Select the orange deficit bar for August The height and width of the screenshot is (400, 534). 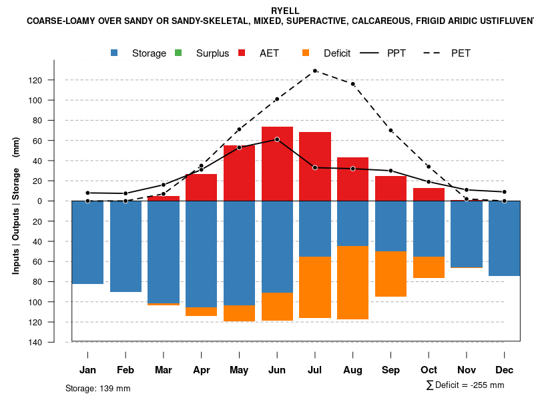pyautogui.click(x=352, y=283)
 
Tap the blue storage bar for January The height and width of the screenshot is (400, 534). pyautogui.click(x=87, y=242)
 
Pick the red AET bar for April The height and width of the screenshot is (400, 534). pyautogui.click(x=201, y=187)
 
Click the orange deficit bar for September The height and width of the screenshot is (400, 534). pyautogui.click(x=390, y=274)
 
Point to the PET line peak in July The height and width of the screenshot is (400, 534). pyautogui.click(x=314, y=71)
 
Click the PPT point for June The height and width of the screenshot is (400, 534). pyautogui.click(x=277, y=139)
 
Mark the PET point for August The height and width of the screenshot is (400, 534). pyautogui.click(x=352, y=84)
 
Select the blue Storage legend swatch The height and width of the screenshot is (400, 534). pyautogui.click(x=115, y=53)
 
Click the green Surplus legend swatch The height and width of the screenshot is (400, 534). pyautogui.click(x=178, y=53)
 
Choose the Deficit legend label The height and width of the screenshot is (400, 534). pyautogui.click(x=337, y=53)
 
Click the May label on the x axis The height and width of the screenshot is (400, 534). pyautogui.click(x=239, y=370)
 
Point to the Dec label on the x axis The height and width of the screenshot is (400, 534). pyautogui.click(x=505, y=370)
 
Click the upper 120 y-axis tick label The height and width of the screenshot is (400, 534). pyautogui.click(x=54, y=81)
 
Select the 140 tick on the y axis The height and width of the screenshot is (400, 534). pyautogui.click(x=54, y=342)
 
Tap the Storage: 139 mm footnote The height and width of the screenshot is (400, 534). pyautogui.click(x=98, y=388)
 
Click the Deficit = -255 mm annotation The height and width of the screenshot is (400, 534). pyautogui.click(x=465, y=385)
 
